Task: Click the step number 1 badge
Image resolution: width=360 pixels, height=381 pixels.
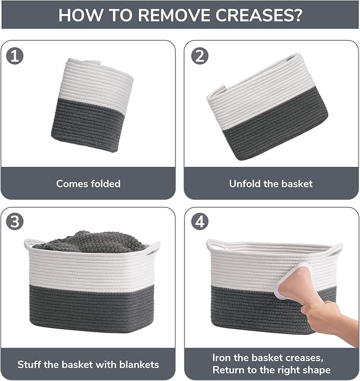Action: pyautogui.click(x=15, y=56)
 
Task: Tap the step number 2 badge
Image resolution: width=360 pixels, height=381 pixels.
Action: pyautogui.click(x=200, y=56)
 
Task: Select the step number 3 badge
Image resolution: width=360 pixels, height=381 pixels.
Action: pyautogui.click(x=15, y=221)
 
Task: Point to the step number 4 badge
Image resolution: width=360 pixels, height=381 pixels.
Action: pyautogui.click(x=200, y=221)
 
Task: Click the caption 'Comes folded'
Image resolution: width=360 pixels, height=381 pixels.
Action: pyautogui.click(x=89, y=184)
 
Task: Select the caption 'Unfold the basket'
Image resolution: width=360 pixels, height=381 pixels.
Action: pyautogui.click(x=271, y=184)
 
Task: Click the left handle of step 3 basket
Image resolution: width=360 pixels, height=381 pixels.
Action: pyautogui.click(x=32, y=245)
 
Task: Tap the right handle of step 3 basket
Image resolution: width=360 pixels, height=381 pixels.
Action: pyautogui.click(x=153, y=246)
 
